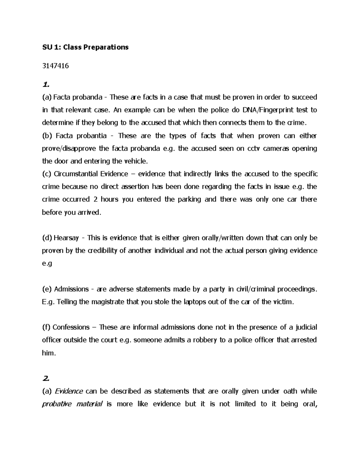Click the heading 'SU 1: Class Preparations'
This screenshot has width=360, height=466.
click(x=85, y=47)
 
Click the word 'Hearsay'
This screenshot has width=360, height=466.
click(x=67, y=238)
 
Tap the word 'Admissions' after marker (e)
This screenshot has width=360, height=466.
click(x=71, y=289)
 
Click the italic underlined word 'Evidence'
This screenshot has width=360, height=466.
click(x=68, y=391)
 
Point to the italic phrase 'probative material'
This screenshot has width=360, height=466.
click(x=72, y=404)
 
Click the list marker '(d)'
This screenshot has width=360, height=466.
click(x=47, y=238)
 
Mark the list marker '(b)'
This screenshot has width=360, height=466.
click(x=47, y=136)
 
